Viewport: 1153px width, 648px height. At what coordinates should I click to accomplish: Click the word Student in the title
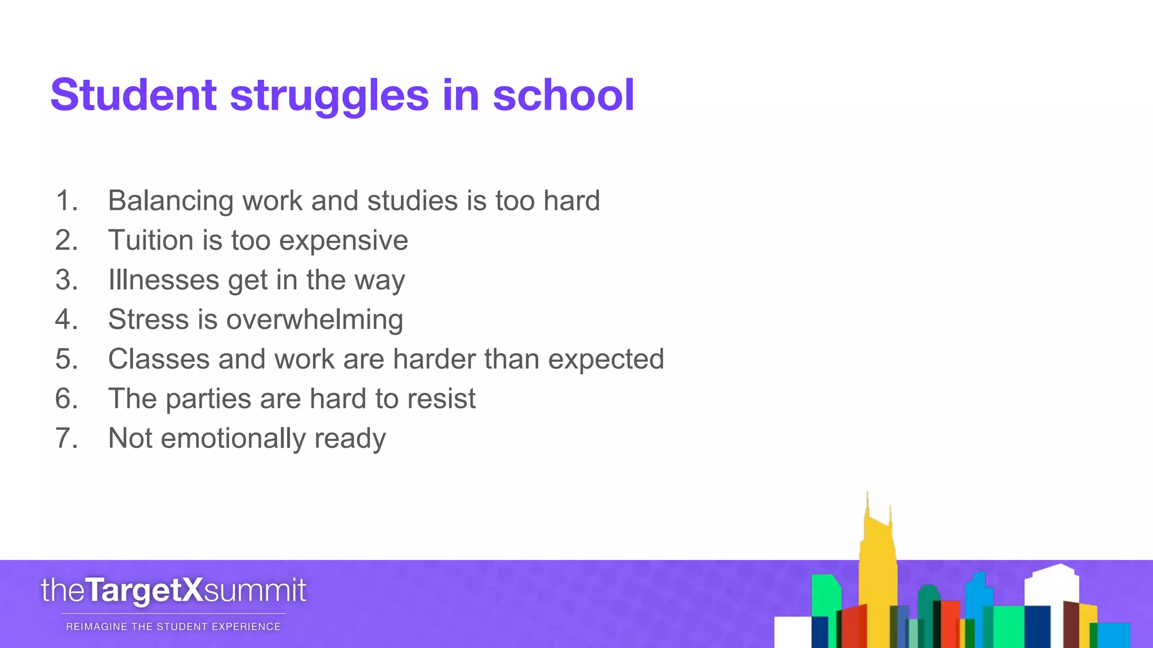pyautogui.click(x=133, y=94)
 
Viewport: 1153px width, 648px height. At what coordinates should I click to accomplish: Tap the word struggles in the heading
pyautogui.click(x=329, y=96)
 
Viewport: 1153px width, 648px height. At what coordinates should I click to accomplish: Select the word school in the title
pyautogui.click(x=564, y=94)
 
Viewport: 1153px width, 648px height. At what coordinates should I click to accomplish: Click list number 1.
pyautogui.click(x=66, y=201)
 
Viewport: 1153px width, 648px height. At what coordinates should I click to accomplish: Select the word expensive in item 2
pyautogui.click(x=343, y=241)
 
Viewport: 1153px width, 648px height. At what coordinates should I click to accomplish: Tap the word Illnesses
pyautogui.click(x=163, y=280)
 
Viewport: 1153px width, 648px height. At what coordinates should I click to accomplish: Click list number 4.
pyautogui.click(x=66, y=319)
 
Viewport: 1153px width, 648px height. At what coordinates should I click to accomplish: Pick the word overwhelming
pyautogui.click(x=314, y=320)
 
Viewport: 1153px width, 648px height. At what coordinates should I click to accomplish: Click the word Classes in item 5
pyautogui.click(x=159, y=359)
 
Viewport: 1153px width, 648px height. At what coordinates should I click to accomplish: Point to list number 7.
pyautogui.click(x=66, y=438)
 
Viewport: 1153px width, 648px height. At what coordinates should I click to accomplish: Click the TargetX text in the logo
pyautogui.click(x=144, y=591)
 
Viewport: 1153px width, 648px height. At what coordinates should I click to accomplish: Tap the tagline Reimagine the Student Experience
pyautogui.click(x=173, y=627)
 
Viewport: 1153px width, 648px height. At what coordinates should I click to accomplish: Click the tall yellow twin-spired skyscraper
pyautogui.click(x=877, y=568)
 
